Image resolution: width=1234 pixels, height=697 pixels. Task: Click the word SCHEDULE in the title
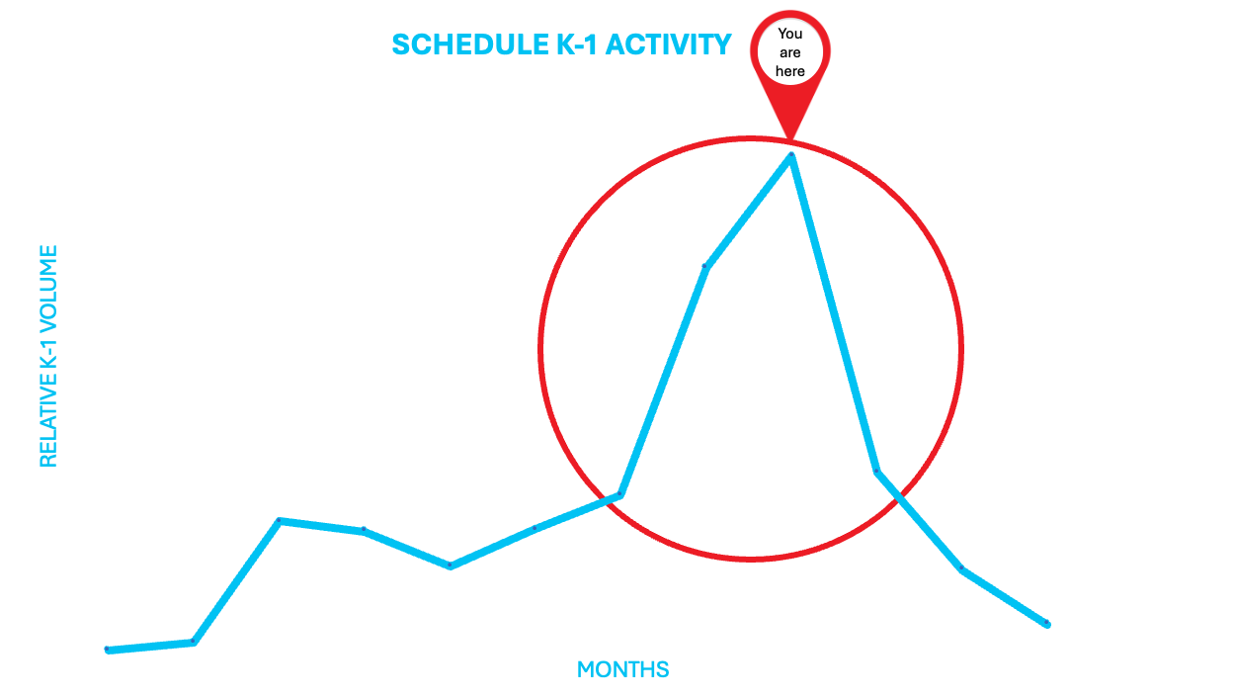tap(470, 44)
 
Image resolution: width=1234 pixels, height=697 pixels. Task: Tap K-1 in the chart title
tap(577, 44)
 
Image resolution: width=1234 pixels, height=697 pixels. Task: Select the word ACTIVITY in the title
tap(668, 44)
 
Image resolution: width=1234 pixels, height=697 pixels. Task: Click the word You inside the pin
tap(790, 34)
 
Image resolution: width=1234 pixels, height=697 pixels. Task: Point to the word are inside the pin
tap(790, 53)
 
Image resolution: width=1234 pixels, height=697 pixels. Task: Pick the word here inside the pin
tap(790, 71)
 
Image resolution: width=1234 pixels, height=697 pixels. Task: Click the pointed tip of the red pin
tap(790, 139)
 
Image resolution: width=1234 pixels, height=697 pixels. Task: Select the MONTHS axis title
tap(622, 669)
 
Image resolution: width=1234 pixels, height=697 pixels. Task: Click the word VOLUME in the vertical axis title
tap(48, 287)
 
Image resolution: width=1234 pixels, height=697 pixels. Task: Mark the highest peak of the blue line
tap(791, 155)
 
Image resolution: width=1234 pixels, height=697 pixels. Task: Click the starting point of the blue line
tap(108, 651)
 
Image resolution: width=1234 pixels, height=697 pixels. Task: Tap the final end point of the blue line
tap(1047, 624)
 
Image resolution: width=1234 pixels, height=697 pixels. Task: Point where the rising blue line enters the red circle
tap(605, 499)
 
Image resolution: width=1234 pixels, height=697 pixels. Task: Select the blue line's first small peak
tap(280, 521)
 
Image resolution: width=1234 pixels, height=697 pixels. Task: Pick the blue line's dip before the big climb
tap(451, 566)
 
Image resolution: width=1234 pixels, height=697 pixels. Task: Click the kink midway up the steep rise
tap(705, 267)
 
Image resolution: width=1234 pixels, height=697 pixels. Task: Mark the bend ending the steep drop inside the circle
tap(876, 472)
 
